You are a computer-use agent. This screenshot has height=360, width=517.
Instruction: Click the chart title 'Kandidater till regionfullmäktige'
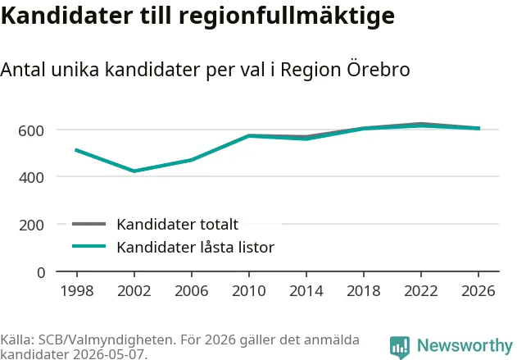pos(197,16)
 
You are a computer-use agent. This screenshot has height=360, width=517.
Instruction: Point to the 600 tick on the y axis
pos(31,131)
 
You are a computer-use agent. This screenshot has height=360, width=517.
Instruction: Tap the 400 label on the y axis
pos(31,178)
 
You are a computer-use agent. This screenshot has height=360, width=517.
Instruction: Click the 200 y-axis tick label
pos(31,226)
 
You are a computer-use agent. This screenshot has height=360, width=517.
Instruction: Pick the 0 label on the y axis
pos(41,273)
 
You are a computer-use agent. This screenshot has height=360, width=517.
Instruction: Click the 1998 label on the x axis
pos(77,291)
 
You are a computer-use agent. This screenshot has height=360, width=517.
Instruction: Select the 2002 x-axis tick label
pos(134,291)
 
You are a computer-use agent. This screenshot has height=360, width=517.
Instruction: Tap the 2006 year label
pos(192,291)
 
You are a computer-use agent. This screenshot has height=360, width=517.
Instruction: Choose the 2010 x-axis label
pos(249,291)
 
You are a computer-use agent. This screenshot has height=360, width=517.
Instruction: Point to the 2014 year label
pos(306,291)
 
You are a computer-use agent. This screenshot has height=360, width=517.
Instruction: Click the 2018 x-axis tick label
pos(364,291)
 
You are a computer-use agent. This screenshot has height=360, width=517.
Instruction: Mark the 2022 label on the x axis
pos(421,291)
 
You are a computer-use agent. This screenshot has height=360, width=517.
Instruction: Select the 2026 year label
pos(478,291)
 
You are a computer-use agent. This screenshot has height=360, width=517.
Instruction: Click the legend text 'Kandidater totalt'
pos(178,225)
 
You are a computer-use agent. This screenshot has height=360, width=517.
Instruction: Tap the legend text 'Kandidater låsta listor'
pos(196,247)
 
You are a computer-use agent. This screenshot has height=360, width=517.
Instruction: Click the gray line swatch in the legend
pos(89,224)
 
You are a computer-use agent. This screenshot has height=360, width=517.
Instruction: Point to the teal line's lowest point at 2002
pos(134,171)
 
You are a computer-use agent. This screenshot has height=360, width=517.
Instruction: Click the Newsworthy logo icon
pos(400,348)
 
